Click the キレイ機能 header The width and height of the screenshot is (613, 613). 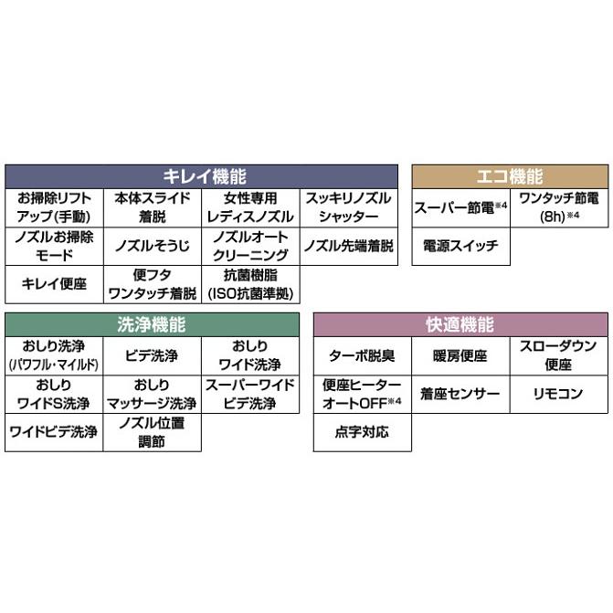click(203, 176)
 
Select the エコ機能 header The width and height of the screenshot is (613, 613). click(510, 176)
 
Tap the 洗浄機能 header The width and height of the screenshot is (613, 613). click(152, 324)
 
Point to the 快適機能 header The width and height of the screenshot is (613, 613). click(460, 324)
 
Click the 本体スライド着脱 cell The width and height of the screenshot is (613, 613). click(152, 207)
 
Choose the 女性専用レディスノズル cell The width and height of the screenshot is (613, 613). click(250, 207)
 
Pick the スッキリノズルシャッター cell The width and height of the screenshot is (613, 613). click(349, 207)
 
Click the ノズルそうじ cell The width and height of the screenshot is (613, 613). click(152, 246)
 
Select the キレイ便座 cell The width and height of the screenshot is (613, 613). click(53, 283)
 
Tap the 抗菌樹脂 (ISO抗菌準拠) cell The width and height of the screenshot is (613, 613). click(250, 283)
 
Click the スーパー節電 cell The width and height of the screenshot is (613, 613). click(460, 207)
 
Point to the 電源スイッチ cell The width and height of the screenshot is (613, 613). click(460, 246)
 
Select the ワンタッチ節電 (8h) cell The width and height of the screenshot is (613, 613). click(559, 207)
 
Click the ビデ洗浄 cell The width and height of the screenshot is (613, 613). click(152, 355)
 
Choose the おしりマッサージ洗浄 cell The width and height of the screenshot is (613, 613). click(152, 394)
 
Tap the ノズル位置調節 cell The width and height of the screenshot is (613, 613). click(152, 431)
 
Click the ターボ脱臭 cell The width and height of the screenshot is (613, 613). click(363, 355)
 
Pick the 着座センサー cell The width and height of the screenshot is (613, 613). click(460, 394)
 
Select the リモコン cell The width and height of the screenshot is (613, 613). click(559, 394)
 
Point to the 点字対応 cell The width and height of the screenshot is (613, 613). click(363, 431)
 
